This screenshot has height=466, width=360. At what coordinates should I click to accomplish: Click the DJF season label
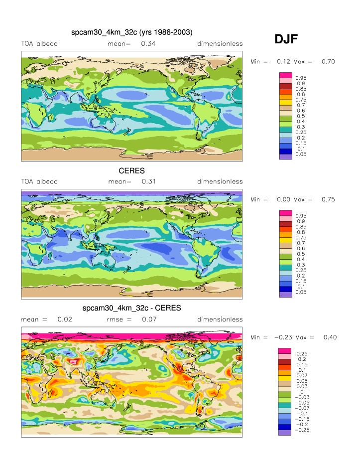point(286,40)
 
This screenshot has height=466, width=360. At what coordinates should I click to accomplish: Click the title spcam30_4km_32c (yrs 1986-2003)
point(131,33)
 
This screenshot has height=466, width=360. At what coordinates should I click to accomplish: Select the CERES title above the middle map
point(131,170)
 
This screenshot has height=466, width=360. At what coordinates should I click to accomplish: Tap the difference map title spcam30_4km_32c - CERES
point(131,308)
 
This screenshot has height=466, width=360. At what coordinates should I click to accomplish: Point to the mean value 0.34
point(148,44)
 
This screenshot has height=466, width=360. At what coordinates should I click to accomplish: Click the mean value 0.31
point(148,181)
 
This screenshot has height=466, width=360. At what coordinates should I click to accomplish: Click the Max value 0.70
point(328,61)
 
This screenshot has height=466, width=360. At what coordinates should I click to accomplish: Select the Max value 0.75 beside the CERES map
point(328,199)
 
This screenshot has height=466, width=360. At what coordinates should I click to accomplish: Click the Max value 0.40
point(330,337)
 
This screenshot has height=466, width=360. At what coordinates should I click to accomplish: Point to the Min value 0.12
point(283,61)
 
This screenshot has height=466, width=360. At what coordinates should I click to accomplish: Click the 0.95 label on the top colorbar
point(301,78)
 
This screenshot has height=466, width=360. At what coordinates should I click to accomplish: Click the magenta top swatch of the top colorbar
point(285,75)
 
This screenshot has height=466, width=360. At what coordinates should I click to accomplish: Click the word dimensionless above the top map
point(220,44)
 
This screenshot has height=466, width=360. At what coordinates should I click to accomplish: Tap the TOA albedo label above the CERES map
point(39,181)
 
